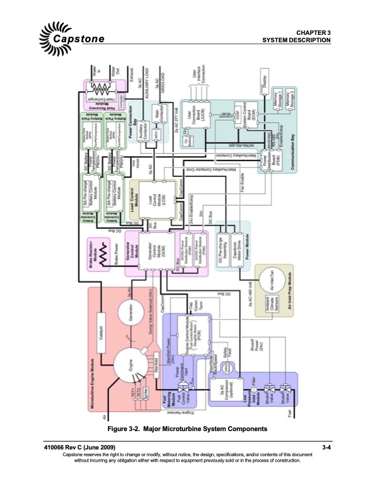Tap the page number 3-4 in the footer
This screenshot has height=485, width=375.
(x=326, y=449)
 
